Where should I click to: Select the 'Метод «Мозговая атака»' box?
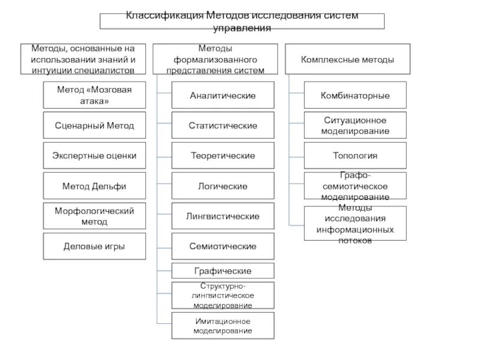(94, 95)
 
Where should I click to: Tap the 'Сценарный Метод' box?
(94, 125)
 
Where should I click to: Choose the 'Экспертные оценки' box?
(94, 155)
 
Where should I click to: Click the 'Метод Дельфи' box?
(94, 186)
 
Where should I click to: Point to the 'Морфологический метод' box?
(94, 216)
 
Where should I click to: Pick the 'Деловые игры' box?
(94, 246)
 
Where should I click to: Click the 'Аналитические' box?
(223, 95)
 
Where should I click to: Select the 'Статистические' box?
(223, 125)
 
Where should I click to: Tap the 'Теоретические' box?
(223, 155)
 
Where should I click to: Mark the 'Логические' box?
(223, 186)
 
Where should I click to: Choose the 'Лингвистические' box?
(223, 216)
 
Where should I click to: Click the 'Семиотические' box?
(223, 246)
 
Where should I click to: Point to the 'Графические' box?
(223, 271)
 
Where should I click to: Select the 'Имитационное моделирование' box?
(223, 326)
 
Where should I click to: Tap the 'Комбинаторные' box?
(355, 95)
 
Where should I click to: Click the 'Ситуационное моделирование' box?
(355, 125)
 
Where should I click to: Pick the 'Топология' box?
(355, 155)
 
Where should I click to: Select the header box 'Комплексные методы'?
(347, 59)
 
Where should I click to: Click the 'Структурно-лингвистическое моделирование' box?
(223, 295)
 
